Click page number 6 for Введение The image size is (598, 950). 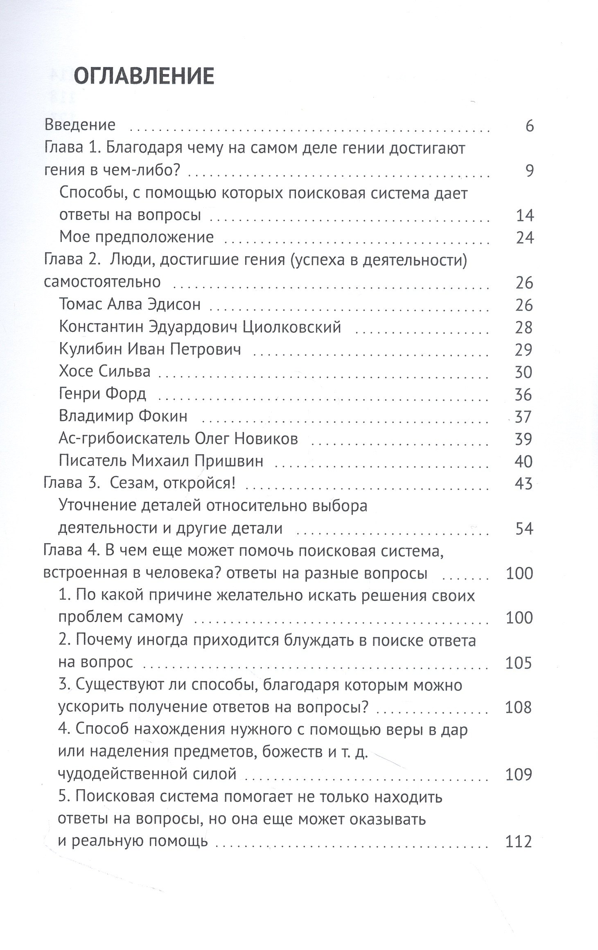point(530,126)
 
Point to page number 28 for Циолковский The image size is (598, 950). point(524,327)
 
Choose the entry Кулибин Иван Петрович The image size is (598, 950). point(150,349)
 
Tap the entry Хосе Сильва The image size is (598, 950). point(105,371)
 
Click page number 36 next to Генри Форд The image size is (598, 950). point(524,395)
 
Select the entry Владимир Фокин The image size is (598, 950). point(123,416)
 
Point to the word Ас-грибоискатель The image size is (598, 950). point(124,439)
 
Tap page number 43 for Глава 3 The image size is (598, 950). point(524,484)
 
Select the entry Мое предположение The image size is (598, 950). point(136,237)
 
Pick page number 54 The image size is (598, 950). point(524,529)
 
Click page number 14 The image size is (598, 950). point(525,215)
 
